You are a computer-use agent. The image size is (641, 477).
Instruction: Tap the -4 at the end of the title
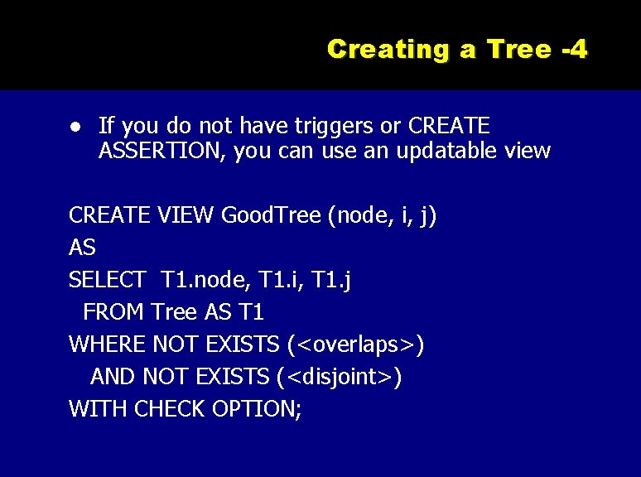tap(574, 49)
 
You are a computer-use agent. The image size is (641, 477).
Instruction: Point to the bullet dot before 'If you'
tap(75, 128)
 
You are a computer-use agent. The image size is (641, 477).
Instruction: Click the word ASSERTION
tap(162, 151)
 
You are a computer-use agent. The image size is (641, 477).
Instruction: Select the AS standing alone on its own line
tap(82, 248)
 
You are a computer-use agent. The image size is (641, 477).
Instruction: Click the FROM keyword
tap(114, 312)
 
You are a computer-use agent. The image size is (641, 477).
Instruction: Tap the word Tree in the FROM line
tap(171, 312)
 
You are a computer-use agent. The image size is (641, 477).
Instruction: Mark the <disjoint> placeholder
tap(340, 376)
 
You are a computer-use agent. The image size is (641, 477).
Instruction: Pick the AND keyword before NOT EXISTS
tap(113, 376)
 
